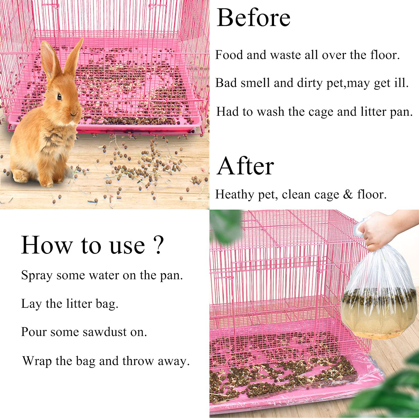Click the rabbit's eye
click(59, 97)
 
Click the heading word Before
click(253, 18)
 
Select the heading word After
click(245, 166)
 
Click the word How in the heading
click(46, 245)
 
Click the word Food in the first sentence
click(229, 55)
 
